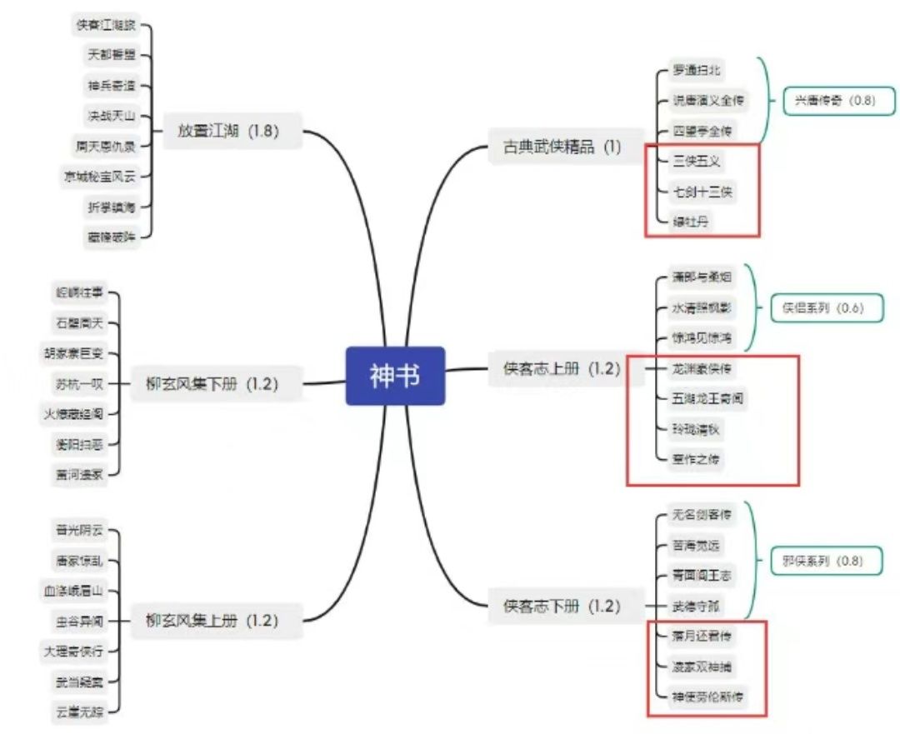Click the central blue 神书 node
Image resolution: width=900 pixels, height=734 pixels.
point(395,376)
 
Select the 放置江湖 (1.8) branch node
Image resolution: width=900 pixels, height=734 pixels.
point(227,131)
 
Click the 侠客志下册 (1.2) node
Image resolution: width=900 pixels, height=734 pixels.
point(562,607)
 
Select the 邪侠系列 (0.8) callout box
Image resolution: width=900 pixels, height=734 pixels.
point(822,562)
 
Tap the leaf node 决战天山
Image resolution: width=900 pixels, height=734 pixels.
point(111,115)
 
